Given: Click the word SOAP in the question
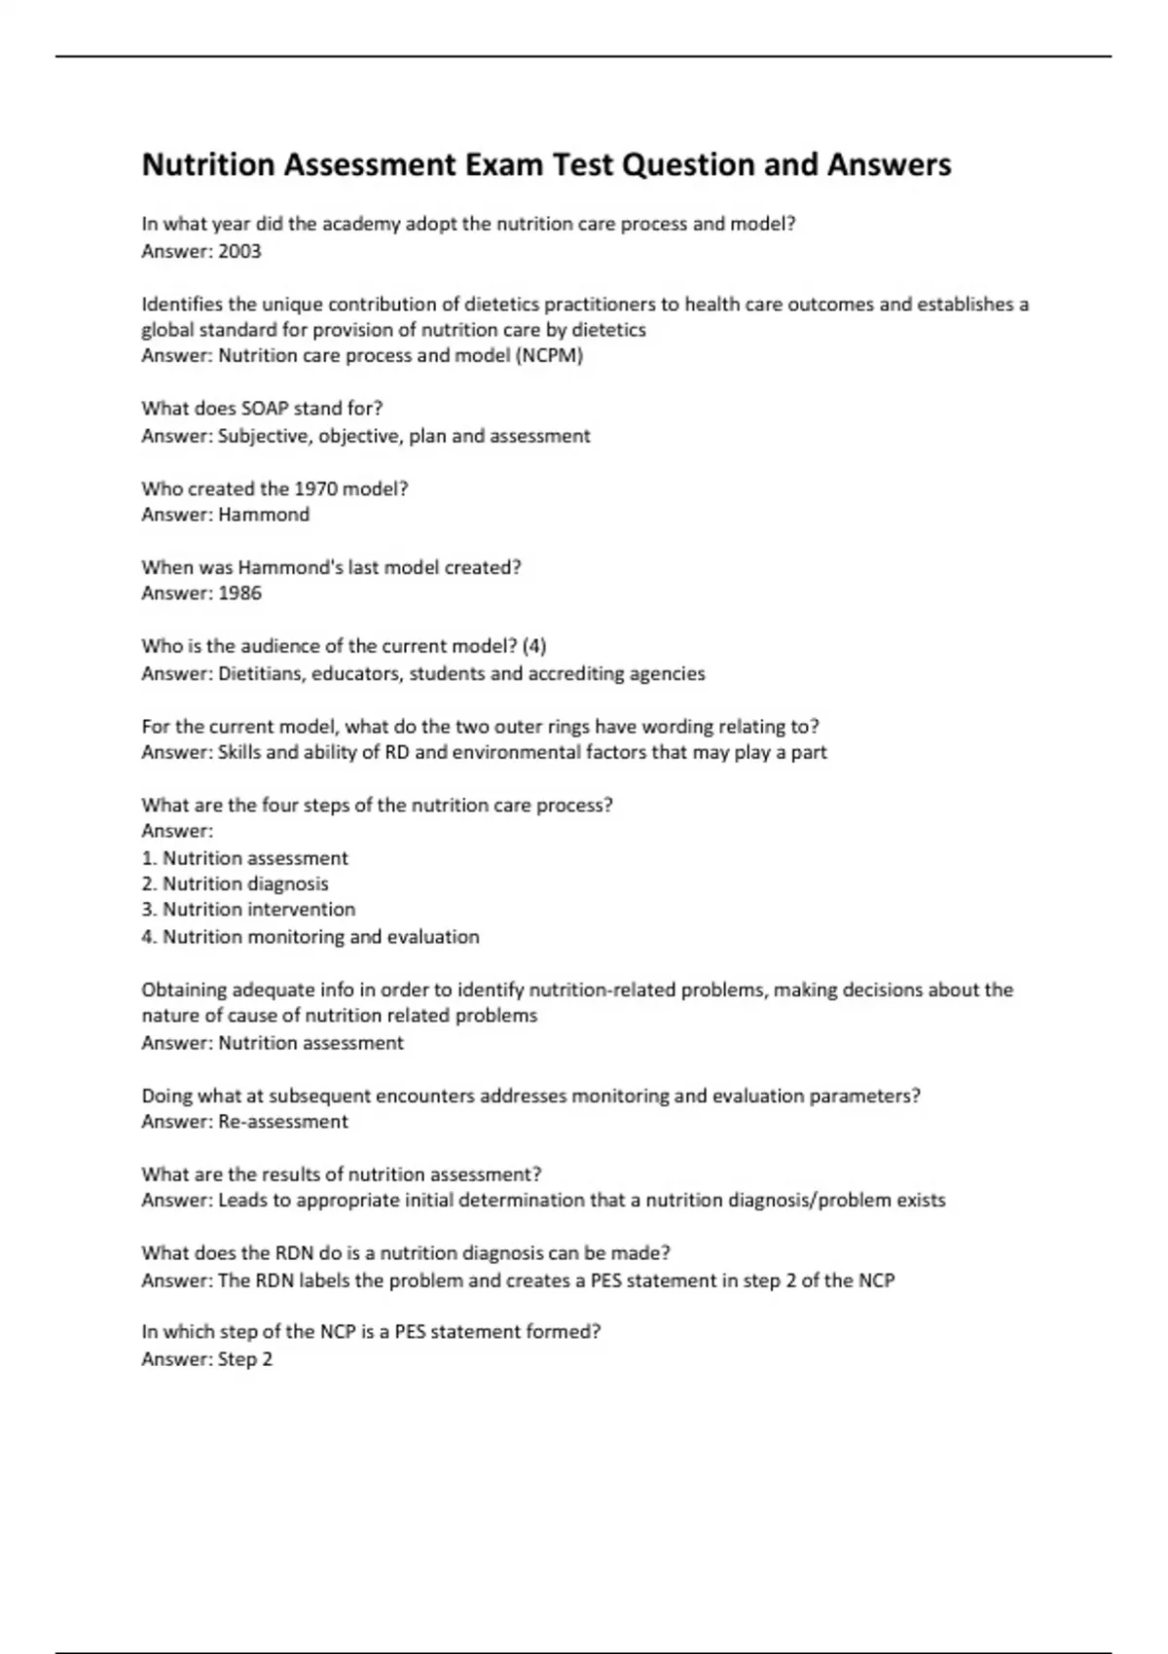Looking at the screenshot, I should click(x=265, y=409).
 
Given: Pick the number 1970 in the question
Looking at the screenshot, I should click(x=315, y=488).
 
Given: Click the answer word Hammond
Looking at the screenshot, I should click(x=264, y=515).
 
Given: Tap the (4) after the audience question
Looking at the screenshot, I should click(x=534, y=646).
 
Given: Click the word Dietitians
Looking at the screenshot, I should click(x=260, y=673).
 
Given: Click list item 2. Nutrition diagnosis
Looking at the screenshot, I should click(x=235, y=883).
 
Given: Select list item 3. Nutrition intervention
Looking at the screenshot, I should click(x=248, y=910).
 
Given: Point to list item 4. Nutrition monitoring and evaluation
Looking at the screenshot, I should click(x=310, y=937).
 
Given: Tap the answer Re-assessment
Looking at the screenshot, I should click(x=282, y=1122).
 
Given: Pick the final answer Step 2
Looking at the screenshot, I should click(x=244, y=1359).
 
